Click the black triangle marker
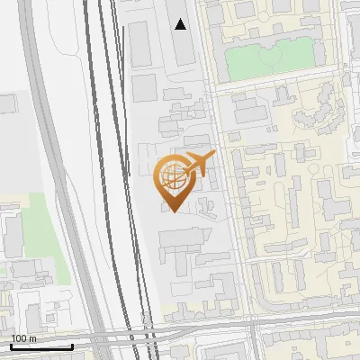[181, 24]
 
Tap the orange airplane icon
[199, 164]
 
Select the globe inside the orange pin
[173, 176]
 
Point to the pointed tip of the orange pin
[173, 211]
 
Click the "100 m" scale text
[23, 338]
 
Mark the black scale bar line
[41, 346]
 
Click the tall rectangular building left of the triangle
[140, 45]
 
